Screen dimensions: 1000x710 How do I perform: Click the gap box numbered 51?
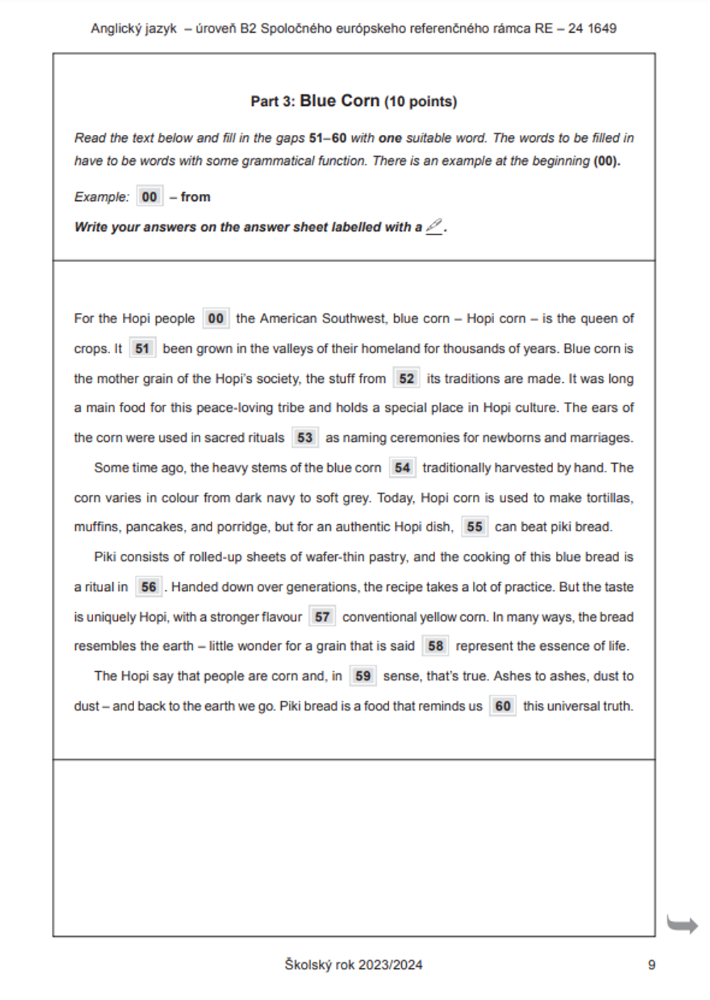143,349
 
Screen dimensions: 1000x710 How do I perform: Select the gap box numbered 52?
406,379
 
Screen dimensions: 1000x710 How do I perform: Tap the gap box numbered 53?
305,437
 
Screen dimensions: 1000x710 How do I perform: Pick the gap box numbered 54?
402,468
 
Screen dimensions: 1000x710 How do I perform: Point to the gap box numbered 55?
474,527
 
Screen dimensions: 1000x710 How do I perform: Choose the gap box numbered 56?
148,587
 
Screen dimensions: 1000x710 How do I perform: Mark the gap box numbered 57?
322,617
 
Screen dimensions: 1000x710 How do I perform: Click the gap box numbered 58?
435,646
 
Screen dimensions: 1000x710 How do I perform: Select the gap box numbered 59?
363,676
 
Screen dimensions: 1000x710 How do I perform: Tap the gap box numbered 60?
503,707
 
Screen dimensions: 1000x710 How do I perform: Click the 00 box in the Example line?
149,197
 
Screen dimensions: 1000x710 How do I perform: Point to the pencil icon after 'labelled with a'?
434,227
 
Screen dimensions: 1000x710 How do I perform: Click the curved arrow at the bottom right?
682,925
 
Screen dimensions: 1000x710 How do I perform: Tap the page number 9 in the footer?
652,964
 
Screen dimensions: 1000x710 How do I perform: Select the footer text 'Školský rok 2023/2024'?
354,964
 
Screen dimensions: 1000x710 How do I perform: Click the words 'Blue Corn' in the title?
339,101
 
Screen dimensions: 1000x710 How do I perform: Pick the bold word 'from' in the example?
195,197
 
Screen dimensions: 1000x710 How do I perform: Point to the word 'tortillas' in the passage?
609,498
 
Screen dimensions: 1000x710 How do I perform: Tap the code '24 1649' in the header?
592,28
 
